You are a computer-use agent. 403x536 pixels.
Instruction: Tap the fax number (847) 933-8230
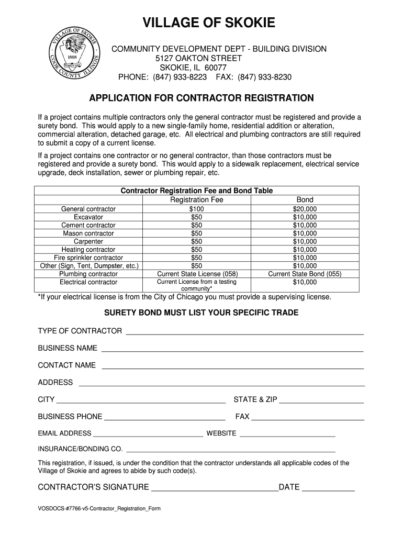[265, 77]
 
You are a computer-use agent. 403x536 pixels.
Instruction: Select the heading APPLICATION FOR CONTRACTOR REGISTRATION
[201, 98]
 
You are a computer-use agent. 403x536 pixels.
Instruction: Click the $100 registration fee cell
[197, 209]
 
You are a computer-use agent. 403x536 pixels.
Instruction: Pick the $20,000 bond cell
[305, 209]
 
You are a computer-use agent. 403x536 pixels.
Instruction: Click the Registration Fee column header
[197, 199]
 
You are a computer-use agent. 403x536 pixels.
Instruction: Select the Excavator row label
[88, 217]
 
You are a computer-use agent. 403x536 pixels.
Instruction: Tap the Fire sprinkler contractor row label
[88, 258]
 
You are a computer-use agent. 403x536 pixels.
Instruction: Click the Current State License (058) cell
[197, 274]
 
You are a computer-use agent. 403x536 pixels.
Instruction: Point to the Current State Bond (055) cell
[305, 274]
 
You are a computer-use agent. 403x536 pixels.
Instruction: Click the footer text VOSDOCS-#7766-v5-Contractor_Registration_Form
[99, 508]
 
